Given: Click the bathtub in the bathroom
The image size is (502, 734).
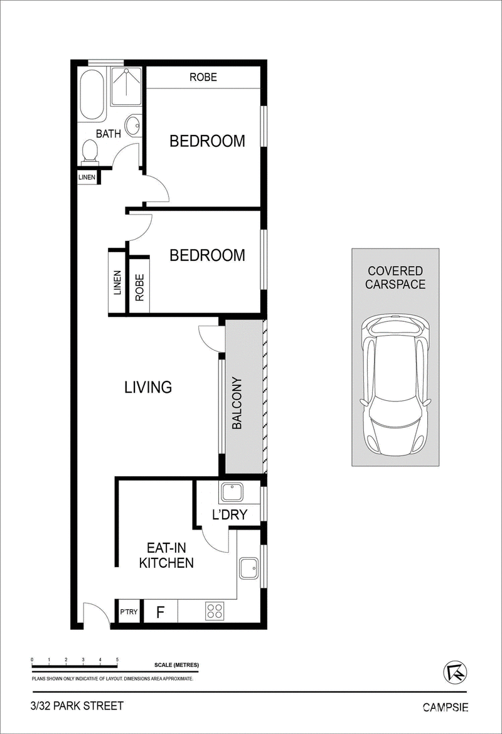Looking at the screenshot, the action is [x=91, y=95].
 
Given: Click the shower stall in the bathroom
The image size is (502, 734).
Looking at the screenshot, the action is [x=125, y=86].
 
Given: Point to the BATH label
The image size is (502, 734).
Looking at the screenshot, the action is [x=108, y=134].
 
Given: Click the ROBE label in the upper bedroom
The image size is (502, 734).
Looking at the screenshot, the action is [x=203, y=77].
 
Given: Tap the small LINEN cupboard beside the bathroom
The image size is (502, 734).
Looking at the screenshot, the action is [x=87, y=177].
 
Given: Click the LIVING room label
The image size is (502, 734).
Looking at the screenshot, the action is [x=148, y=387].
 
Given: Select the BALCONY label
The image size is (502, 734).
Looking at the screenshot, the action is [x=237, y=403].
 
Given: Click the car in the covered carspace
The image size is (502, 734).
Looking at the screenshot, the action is [x=396, y=385].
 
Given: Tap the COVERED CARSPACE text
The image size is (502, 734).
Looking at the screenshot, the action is [x=396, y=277].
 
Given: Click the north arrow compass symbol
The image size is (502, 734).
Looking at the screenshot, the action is [x=454, y=673].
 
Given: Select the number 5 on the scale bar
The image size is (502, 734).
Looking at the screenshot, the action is [x=117, y=659].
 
